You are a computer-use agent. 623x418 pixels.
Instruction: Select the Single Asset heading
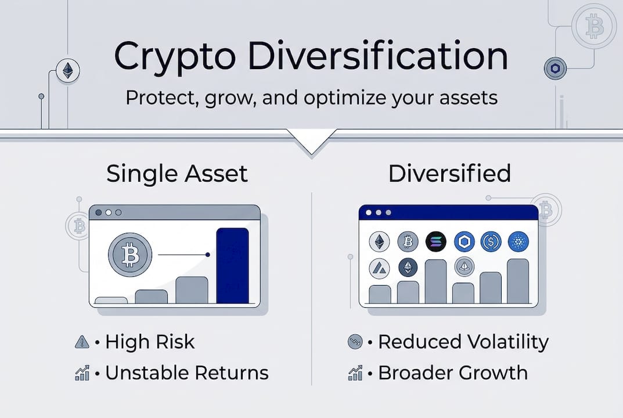coord(177,174)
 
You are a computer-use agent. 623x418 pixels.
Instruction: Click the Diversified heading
coord(449,174)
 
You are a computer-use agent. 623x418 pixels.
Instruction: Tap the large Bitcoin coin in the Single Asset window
coord(130,254)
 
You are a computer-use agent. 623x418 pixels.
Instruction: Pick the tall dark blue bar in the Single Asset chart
coord(232,265)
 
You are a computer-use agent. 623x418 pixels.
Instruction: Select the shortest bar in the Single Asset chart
coord(111,300)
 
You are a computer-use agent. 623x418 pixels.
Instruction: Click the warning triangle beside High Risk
coord(82,343)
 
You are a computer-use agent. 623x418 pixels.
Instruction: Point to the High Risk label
coord(150,342)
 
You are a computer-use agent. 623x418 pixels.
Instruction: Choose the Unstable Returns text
coord(186,373)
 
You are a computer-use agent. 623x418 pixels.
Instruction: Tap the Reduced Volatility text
coord(463,342)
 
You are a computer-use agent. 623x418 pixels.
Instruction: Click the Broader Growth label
coord(453,373)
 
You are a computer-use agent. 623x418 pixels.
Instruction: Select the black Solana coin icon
coord(436,242)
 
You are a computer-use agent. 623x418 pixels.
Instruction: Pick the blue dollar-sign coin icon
coord(491,242)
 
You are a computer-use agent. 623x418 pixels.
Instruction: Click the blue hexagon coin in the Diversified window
coord(464,242)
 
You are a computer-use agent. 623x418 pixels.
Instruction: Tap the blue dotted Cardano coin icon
coord(518,242)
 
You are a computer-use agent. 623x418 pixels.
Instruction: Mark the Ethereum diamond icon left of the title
coord(69,71)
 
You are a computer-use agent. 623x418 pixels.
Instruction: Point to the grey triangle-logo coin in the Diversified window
coord(380,268)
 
